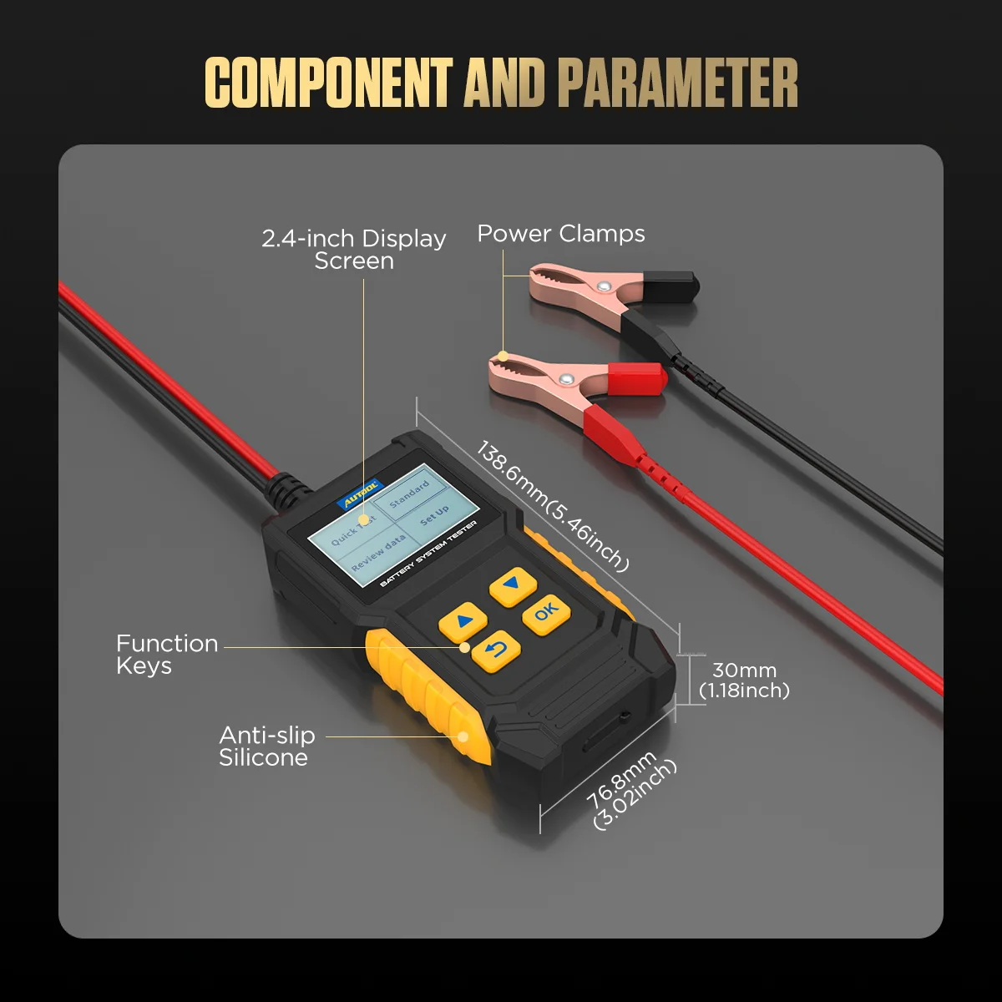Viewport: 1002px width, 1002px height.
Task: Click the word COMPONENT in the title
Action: [328, 83]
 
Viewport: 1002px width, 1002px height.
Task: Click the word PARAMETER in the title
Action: [677, 83]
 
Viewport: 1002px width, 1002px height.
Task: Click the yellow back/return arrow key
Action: [497, 650]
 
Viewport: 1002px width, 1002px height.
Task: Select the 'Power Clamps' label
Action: [560, 234]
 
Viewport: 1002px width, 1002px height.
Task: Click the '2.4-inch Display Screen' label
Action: [354, 250]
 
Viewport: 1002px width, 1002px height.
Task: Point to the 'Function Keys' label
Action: [166, 655]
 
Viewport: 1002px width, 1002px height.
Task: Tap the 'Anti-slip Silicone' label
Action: [266, 746]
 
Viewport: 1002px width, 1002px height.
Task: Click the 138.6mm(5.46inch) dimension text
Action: [552, 506]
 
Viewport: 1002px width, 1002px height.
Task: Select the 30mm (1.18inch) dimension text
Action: [743, 680]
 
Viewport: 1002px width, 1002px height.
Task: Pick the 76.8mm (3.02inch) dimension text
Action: [630, 790]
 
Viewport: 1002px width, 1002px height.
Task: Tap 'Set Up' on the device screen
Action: [434, 514]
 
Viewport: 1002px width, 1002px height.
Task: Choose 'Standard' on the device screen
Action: [409, 493]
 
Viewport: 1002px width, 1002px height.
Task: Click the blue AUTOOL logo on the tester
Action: [360, 495]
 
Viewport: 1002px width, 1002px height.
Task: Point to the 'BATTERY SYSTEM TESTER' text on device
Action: [428, 554]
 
